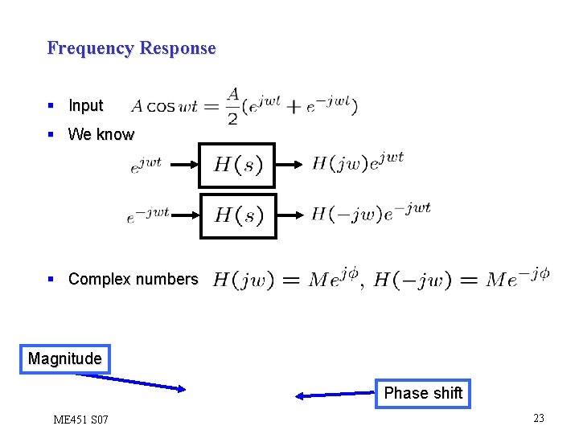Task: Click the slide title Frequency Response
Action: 131,48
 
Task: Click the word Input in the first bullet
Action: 85,106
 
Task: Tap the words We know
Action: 101,134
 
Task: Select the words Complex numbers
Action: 133,280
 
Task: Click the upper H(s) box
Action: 237,166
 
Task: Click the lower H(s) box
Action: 237,216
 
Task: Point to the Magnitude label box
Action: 64,358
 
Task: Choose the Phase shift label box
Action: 422,393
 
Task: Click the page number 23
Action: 538,418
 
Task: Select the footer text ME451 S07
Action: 80,420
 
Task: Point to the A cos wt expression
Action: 164,107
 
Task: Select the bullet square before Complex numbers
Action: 51,280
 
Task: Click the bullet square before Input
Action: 51,106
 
